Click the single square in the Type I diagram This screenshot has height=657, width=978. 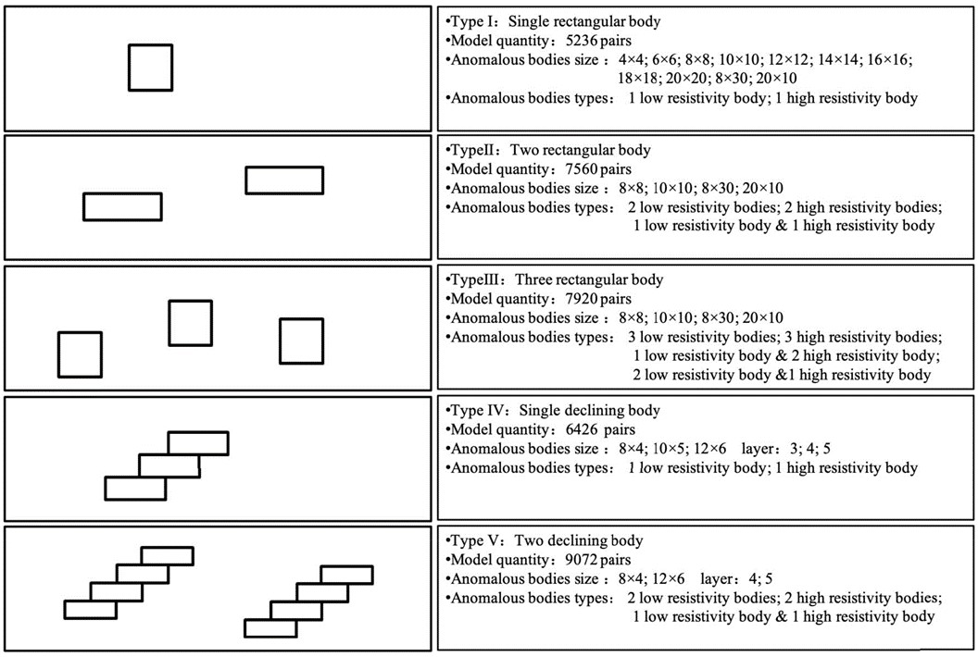pos(150,68)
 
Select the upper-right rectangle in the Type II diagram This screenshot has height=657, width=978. pos(284,180)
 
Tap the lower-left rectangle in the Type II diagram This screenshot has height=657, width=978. pos(122,205)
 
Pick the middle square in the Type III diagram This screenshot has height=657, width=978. pos(191,323)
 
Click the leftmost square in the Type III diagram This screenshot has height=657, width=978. pos(80,354)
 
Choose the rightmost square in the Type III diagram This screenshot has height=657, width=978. pos(301,341)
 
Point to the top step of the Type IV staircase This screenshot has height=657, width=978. pos(197,442)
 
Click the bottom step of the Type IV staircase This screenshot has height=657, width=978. pos(134,488)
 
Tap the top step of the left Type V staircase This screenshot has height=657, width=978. pos(167,555)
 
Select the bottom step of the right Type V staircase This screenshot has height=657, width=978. pos(270,627)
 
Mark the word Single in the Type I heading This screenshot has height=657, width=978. pos(533,21)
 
